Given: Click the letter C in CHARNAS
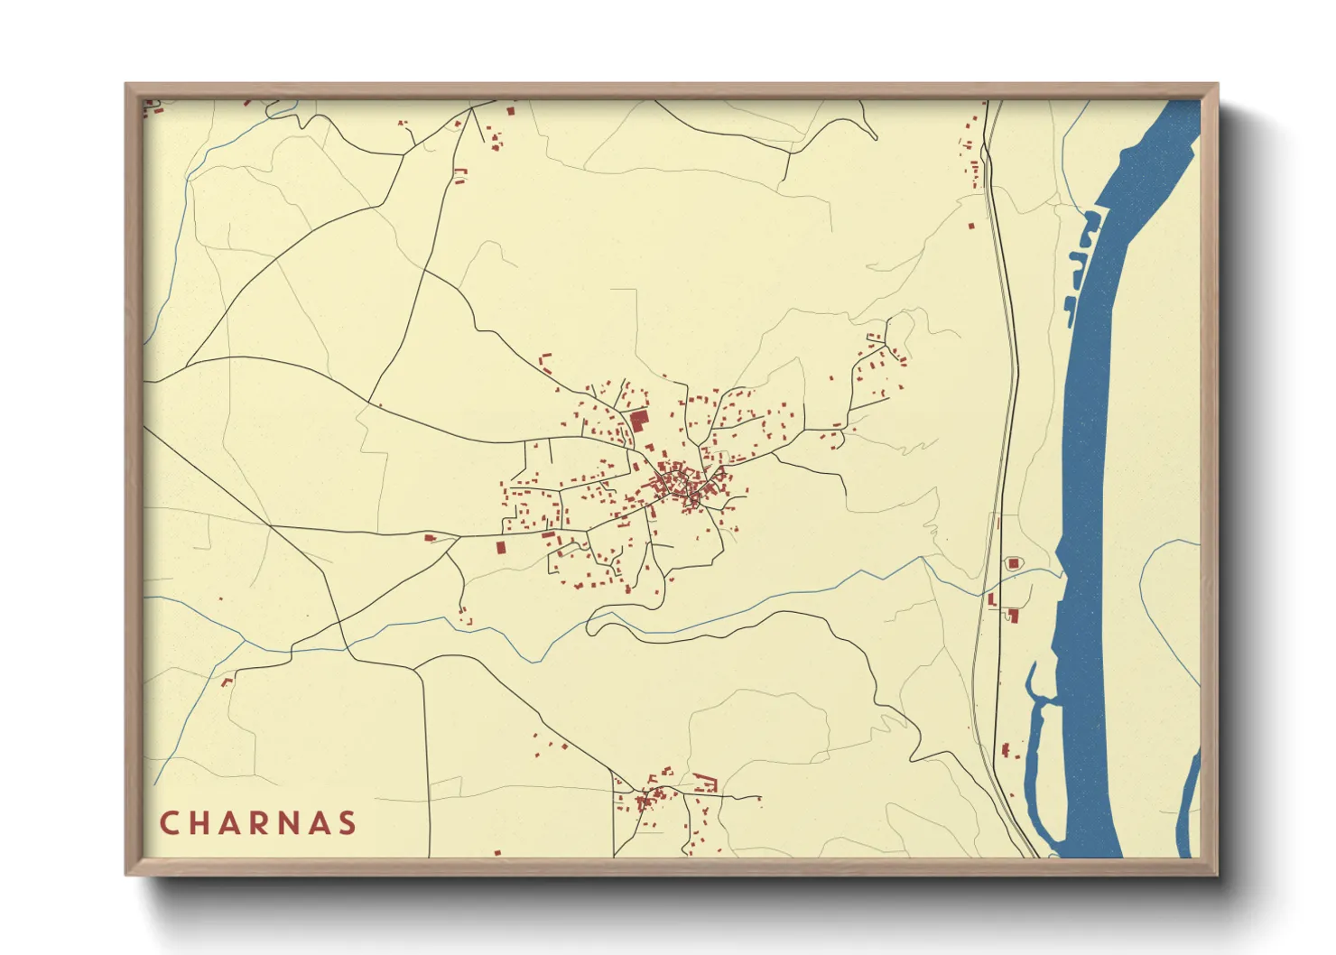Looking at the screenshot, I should click(x=169, y=823).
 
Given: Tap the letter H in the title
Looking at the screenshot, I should click(x=200, y=823).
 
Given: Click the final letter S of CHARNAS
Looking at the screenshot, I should click(x=347, y=823).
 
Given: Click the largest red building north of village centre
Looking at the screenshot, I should click(x=639, y=420).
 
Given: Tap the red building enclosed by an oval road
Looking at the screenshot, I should click(x=1013, y=563).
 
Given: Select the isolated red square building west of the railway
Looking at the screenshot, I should click(x=971, y=226).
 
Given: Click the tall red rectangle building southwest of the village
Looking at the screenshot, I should click(x=499, y=547).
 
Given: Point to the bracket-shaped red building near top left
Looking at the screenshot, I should click(x=461, y=176).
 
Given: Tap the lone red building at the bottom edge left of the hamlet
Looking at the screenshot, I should click(x=497, y=851).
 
